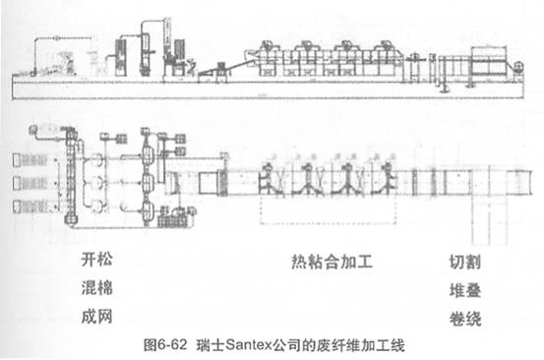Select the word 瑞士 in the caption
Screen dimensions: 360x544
tap(208, 344)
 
